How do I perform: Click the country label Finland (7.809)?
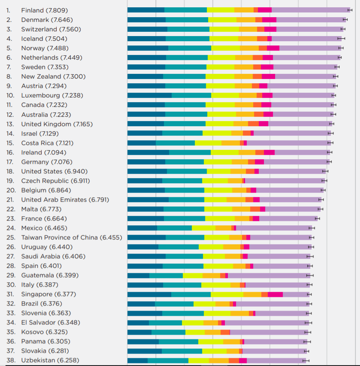[x=44, y=10]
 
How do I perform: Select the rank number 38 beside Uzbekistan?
[x=10, y=360]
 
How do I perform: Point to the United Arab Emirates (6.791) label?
[x=65, y=200]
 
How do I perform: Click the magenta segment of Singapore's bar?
[x=275, y=294]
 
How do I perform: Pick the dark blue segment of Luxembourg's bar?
[x=149, y=95]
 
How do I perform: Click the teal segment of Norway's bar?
[x=190, y=48]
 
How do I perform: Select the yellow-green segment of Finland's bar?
[x=221, y=10]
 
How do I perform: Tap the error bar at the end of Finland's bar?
[x=350, y=10]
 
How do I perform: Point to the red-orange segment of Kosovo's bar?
[x=225, y=332]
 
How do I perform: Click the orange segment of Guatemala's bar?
[x=211, y=275]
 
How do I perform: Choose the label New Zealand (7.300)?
[x=53, y=76]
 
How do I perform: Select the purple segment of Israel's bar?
[x=292, y=133]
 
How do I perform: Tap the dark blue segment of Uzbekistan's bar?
[x=137, y=360]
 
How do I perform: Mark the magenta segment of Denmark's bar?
[x=269, y=20]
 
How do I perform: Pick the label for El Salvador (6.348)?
[x=50, y=322]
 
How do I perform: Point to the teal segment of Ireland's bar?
[x=190, y=152]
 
